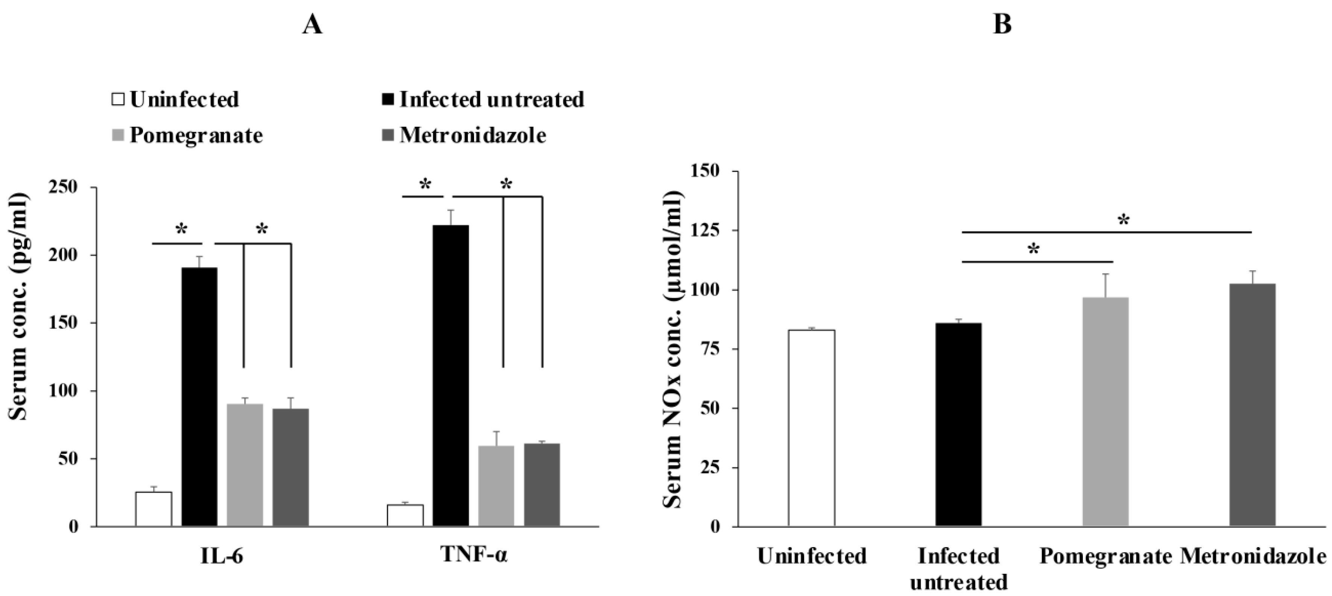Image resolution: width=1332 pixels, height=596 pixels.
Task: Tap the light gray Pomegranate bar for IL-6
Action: click(x=245, y=465)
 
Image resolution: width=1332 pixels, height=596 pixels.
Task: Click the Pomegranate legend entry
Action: click(x=195, y=135)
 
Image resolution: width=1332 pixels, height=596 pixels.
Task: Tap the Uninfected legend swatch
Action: click(x=119, y=99)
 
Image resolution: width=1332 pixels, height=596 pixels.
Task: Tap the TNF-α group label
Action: click(x=474, y=555)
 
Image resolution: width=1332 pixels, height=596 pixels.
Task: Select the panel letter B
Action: click(x=1002, y=24)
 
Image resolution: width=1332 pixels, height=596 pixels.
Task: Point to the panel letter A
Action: click(x=312, y=24)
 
